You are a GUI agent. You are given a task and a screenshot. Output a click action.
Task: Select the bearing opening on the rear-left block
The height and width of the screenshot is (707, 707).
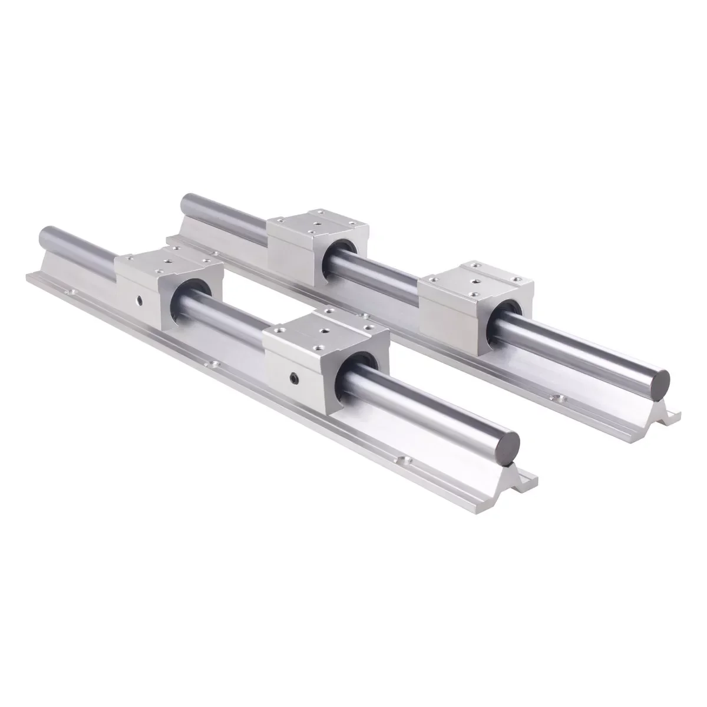342,254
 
